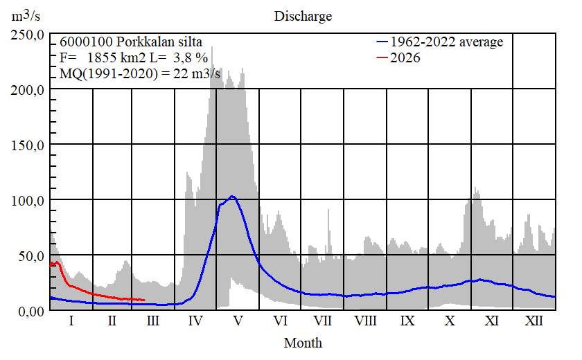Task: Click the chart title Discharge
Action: (x=303, y=16)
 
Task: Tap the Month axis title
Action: (x=303, y=343)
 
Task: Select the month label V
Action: (x=238, y=322)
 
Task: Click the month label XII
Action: (x=533, y=322)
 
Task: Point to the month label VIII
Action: (x=365, y=322)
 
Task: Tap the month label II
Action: (x=112, y=322)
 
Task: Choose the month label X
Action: (x=450, y=322)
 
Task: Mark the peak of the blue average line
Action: (x=232, y=197)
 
